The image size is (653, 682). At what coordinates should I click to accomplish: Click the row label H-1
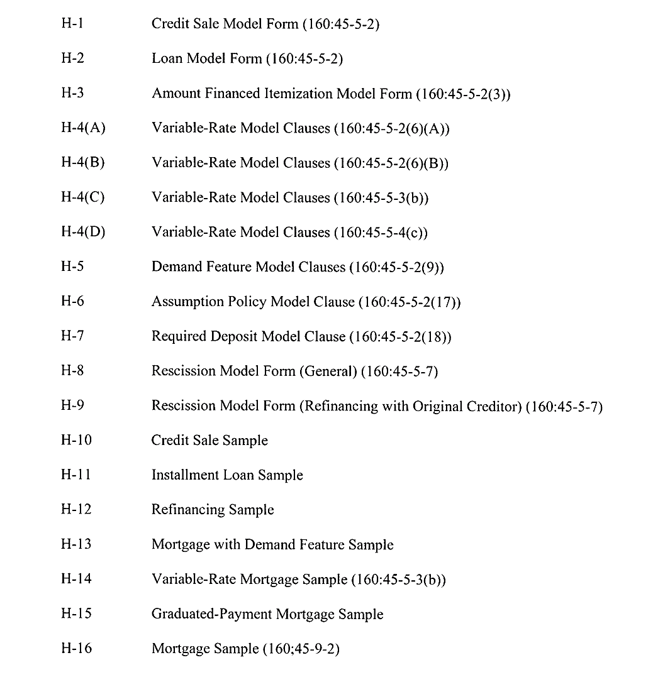coord(72,24)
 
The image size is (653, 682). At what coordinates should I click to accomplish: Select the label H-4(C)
coord(82,197)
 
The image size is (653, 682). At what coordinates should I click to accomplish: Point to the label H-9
coord(72,405)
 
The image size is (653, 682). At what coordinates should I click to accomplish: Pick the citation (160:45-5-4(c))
coord(381,232)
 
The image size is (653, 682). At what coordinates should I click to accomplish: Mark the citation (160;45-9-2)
coord(301,648)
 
